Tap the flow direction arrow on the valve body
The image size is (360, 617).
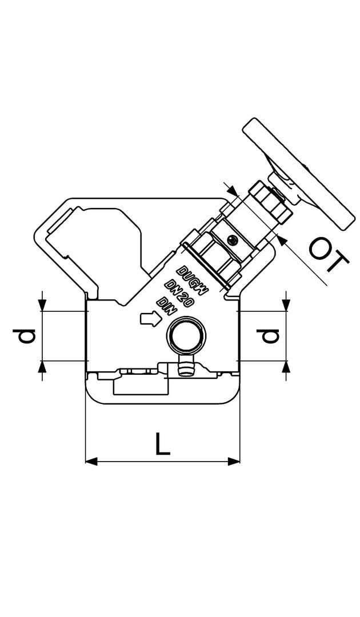pos(150,318)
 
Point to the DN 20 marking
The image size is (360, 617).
pos(179,293)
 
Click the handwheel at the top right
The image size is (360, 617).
pos(299,174)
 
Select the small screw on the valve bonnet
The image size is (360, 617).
pos(234,239)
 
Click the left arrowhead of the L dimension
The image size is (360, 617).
pos(91,461)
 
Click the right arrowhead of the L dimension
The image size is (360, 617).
pos(234,461)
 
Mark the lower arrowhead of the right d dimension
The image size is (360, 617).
pos(287,366)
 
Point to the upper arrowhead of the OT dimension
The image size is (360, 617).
pos(233,192)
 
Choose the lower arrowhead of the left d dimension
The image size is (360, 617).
pos(42,366)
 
